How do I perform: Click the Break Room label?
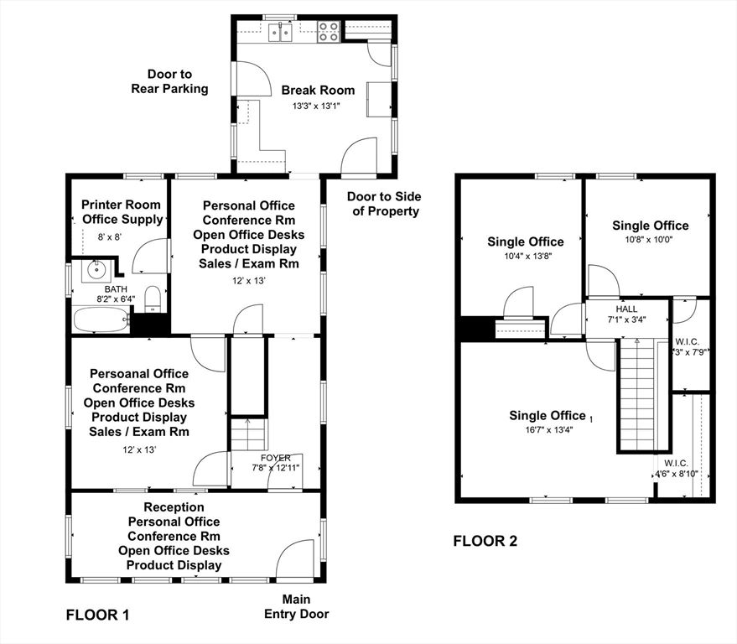(x=317, y=90)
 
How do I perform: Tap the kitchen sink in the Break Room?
(x=281, y=33)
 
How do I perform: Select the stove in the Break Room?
(x=328, y=32)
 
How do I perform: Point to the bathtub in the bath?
(x=101, y=320)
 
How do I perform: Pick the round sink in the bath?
(x=94, y=271)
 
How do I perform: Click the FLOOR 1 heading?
(x=97, y=615)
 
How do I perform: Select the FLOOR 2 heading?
(x=485, y=541)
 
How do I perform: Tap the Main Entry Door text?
(x=297, y=606)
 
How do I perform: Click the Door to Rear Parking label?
(x=169, y=81)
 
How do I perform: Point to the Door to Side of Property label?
(x=385, y=204)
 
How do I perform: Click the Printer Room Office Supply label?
(x=121, y=212)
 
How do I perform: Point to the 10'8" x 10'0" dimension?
(x=650, y=240)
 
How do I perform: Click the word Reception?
(x=174, y=507)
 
